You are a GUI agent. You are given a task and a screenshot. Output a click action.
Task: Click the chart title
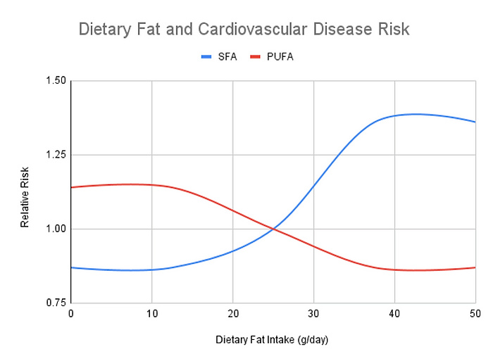(x=244, y=30)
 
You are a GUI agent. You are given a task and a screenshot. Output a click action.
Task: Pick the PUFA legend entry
(x=272, y=56)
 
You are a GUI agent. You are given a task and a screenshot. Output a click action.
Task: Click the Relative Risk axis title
(x=25, y=192)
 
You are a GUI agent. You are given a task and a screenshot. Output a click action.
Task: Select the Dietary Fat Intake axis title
(x=273, y=340)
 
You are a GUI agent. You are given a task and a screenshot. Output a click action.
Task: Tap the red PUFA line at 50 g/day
(x=475, y=267)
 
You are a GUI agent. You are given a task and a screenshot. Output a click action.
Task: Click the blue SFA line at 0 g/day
(x=72, y=267)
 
